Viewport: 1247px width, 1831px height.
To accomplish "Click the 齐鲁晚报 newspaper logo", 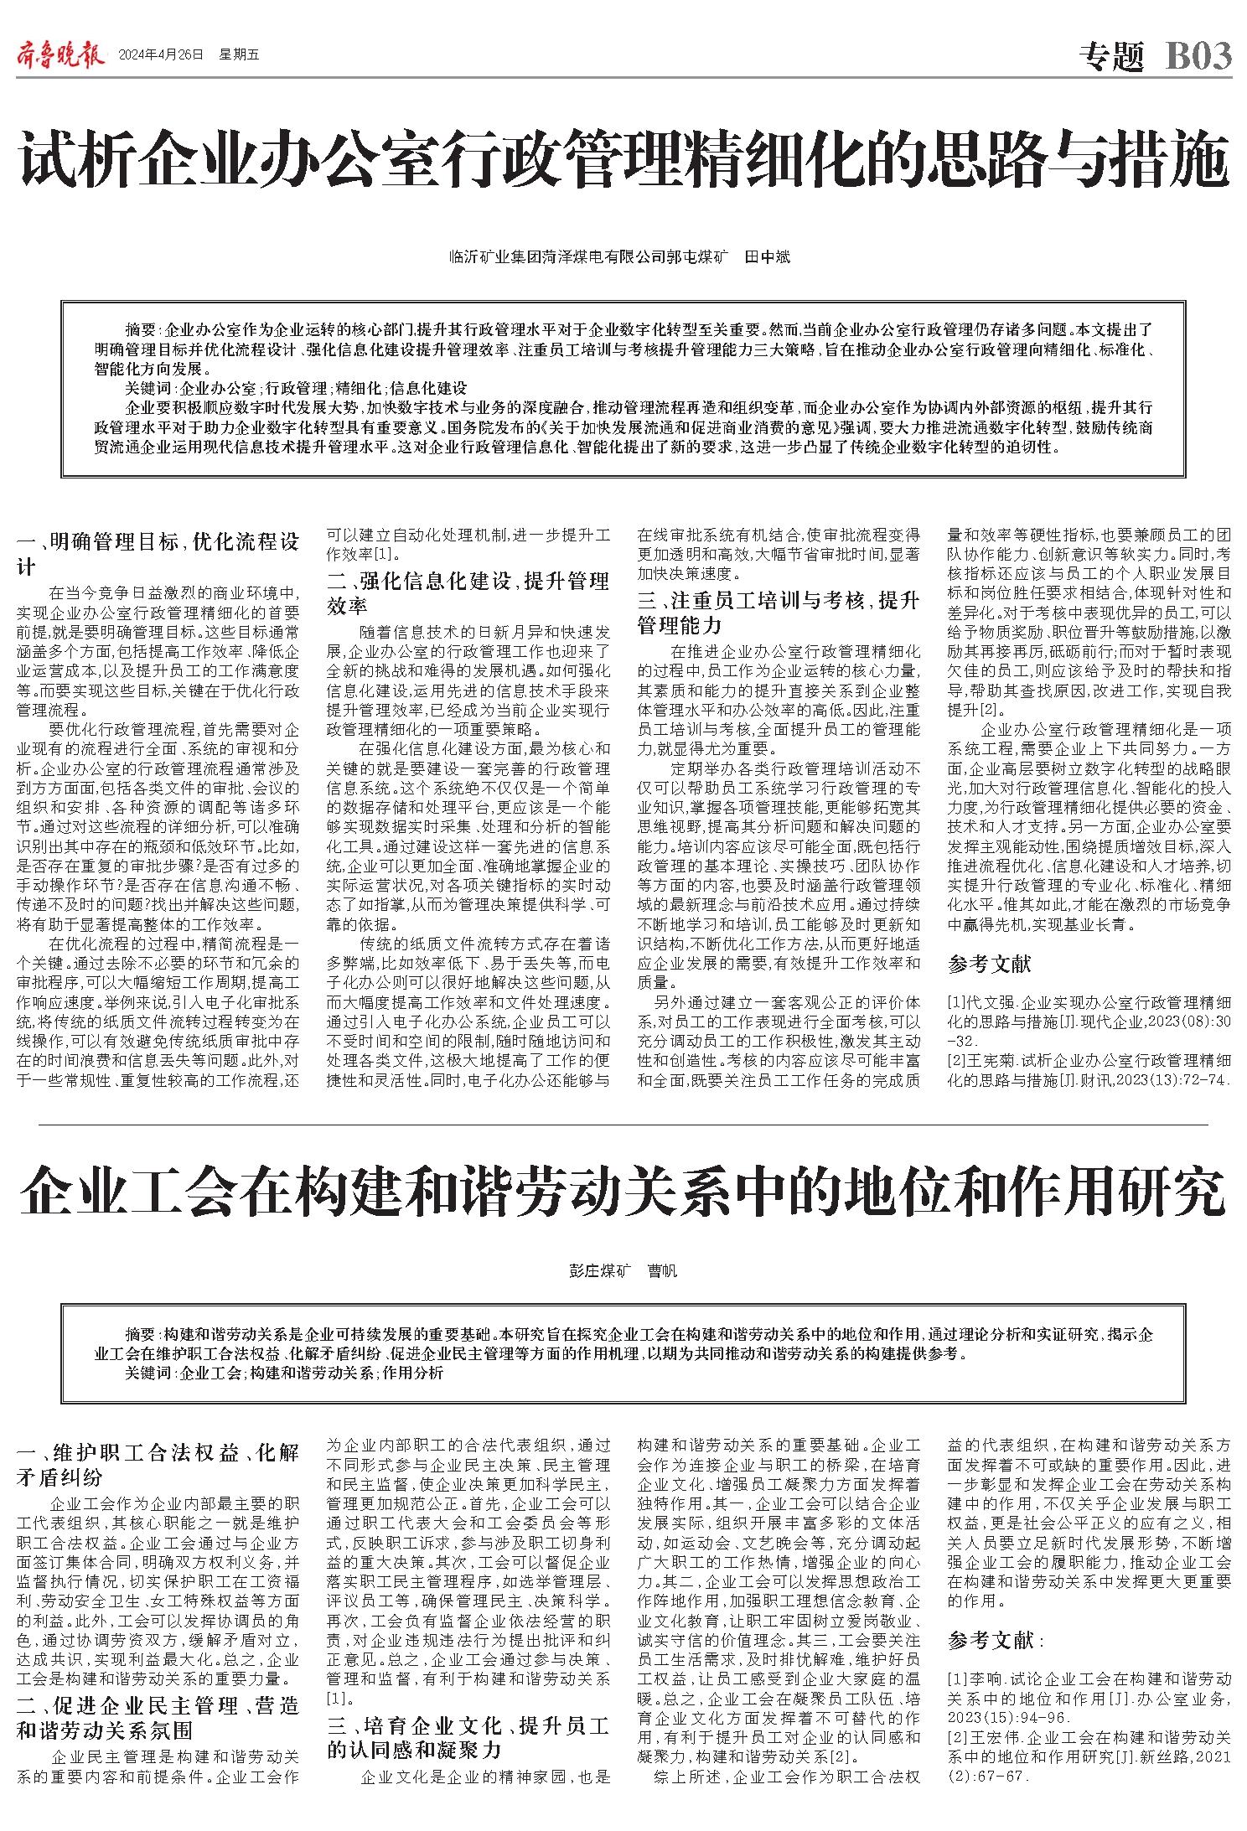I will [x=60, y=55].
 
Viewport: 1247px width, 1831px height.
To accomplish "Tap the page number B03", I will [x=1198, y=56].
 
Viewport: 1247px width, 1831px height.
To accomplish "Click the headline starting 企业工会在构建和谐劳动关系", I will [x=623, y=1194].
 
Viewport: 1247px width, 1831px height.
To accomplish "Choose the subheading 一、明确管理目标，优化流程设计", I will [x=158, y=553].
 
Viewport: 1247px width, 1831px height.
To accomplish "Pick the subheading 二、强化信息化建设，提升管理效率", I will [x=468, y=592].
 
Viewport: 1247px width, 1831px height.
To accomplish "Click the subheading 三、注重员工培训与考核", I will [x=778, y=613].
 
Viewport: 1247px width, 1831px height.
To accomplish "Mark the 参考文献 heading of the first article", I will [x=989, y=964].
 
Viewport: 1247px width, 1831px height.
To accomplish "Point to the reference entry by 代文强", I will [x=1089, y=1016].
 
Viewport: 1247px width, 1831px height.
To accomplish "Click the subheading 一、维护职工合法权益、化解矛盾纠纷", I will [x=158, y=1466].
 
